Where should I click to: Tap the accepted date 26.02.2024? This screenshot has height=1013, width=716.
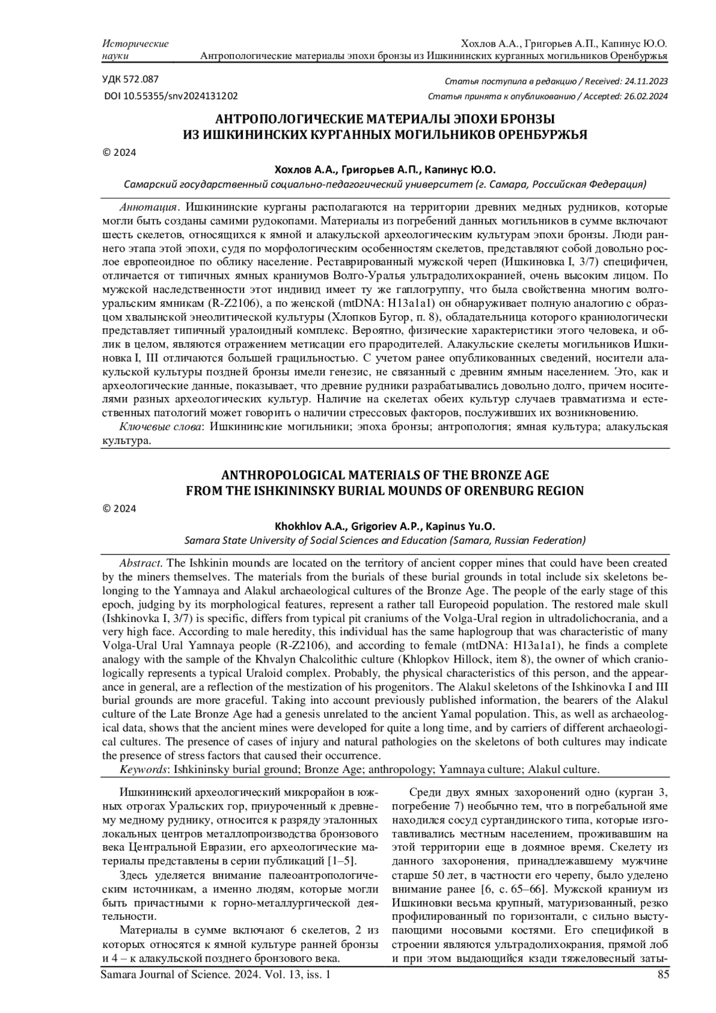(644, 96)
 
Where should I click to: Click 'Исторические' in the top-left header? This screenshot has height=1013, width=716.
(135, 44)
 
